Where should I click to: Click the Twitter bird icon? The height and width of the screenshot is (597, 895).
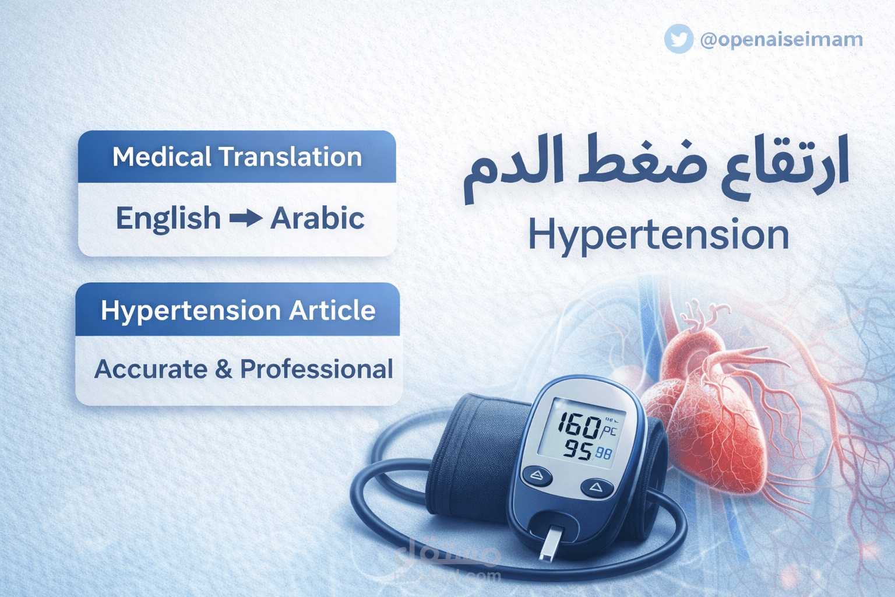tap(679, 39)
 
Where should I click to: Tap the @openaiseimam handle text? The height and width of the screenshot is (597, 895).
tap(781, 39)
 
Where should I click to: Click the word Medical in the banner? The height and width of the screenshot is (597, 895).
tap(162, 157)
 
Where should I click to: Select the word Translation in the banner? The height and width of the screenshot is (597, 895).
tap(290, 157)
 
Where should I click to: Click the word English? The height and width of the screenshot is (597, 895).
tap(168, 219)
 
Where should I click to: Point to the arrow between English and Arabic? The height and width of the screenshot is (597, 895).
tap(245, 219)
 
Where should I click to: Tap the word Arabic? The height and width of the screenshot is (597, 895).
tap(318, 219)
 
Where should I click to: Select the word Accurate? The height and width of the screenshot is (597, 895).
tap(150, 369)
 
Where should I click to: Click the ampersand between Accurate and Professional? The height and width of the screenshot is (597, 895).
tap(223, 369)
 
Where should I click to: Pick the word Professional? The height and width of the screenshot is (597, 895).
tap(316, 369)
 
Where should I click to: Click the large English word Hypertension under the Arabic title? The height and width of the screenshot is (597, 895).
tap(658, 235)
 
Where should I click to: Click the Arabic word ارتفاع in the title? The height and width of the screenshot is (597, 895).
tap(784, 166)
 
